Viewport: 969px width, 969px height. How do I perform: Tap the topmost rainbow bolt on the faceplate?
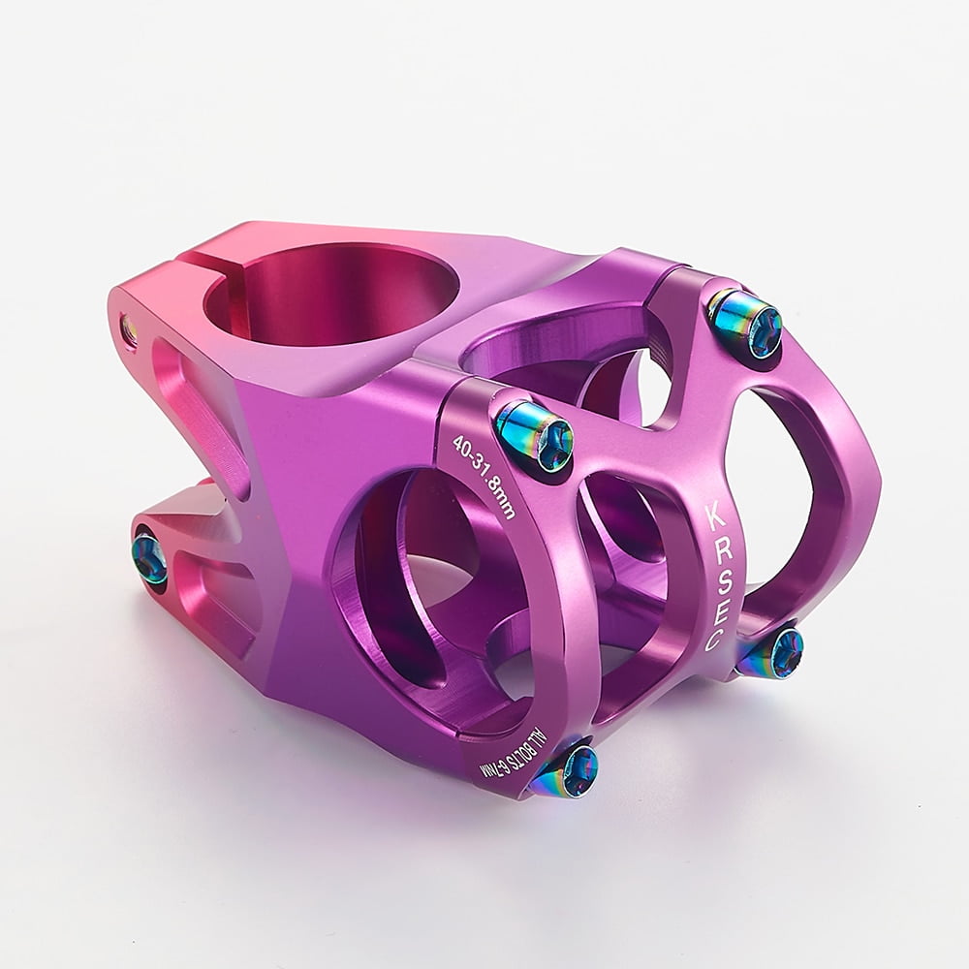(x=745, y=322)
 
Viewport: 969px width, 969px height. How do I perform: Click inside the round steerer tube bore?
(x=329, y=291)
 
